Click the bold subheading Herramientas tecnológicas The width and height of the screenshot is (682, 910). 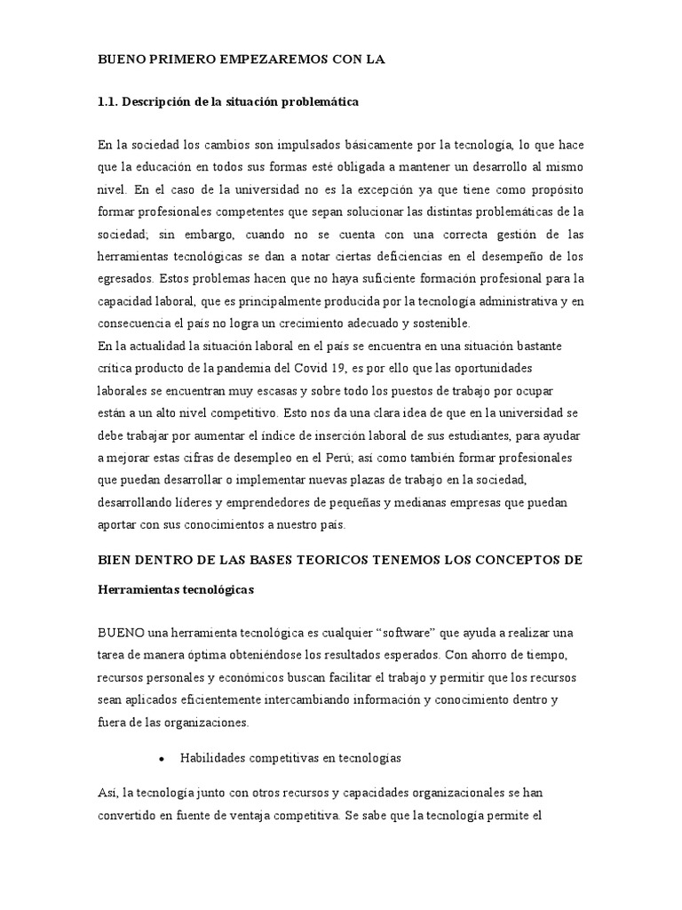(x=176, y=589)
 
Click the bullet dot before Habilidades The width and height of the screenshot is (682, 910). (x=161, y=759)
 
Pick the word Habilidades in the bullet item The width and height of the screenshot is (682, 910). (x=215, y=758)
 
